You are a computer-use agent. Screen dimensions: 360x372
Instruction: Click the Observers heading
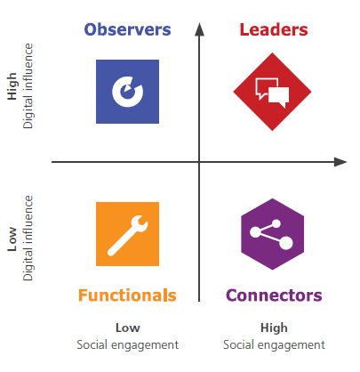point(127,29)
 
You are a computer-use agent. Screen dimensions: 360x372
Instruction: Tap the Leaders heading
point(274,29)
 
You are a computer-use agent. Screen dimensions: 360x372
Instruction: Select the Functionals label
point(127,295)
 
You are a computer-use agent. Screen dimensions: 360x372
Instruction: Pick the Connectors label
point(274,295)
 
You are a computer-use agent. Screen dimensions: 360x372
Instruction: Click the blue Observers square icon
point(127,92)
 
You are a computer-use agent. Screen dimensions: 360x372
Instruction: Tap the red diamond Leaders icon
point(272,92)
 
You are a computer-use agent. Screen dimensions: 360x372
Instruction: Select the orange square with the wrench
point(127,234)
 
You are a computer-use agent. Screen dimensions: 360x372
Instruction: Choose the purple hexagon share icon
point(273,234)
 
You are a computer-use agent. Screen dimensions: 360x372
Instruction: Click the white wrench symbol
point(127,236)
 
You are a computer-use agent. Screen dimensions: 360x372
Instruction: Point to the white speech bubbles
point(272,93)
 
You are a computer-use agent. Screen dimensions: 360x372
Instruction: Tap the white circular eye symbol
point(127,92)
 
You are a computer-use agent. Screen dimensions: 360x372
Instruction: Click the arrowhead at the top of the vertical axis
point(199,29)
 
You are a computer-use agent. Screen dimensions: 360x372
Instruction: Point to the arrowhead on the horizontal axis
point(340,162)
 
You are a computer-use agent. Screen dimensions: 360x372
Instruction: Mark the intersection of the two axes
point(199,162)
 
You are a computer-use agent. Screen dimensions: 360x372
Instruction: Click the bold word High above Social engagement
point(274,328)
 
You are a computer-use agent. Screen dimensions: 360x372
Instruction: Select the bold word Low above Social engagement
point(128,328)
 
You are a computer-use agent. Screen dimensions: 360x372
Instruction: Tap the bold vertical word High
point(12,86)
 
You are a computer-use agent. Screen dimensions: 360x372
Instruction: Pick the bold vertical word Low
point(12,239)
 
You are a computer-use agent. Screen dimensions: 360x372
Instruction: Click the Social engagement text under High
point(274,345)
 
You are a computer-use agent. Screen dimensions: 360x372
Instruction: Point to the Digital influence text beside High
point(28,86)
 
